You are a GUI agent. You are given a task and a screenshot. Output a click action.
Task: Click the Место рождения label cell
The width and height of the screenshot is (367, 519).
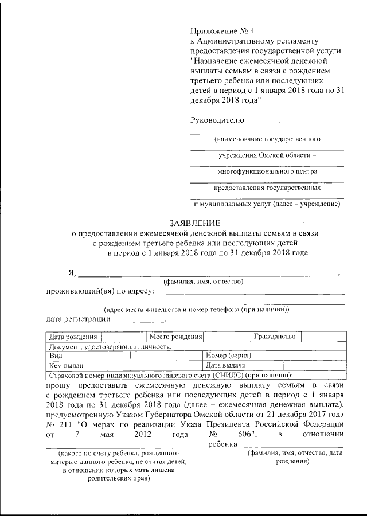click(175, 336)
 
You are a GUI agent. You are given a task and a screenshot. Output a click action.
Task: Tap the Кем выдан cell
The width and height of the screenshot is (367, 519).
click(67, 365)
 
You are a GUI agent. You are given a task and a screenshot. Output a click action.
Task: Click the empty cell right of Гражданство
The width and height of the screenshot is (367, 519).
click(323, 336)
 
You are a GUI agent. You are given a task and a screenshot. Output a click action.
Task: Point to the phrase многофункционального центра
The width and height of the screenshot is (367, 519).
click(267, 171)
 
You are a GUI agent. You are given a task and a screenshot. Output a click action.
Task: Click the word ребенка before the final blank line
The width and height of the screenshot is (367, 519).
click(223, 444)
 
